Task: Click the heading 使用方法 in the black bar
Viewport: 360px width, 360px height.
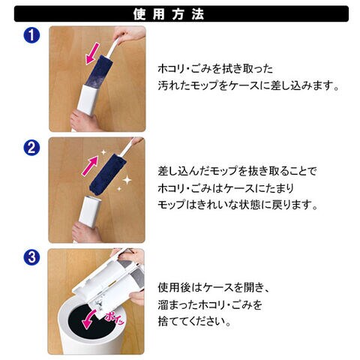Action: pyautogui.click(x=169, y=14)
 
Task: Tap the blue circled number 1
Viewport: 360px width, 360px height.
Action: pyautogui.click(x=31, y=35)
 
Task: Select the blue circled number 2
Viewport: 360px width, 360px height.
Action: pyautogui.click(x=31, y=148)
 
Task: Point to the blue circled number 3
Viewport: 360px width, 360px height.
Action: pyautogui.click(x=31, y=257)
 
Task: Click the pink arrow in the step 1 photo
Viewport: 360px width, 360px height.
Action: pyautogui.click(x=92, y=54)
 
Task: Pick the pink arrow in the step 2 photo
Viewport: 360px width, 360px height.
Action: pyautogui.click(x=90, y=165)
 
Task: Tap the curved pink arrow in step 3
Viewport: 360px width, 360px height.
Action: pyautogui.click(x=88, y=319)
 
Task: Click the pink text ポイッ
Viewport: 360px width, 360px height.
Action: pyautogui.click(x=115, y=318)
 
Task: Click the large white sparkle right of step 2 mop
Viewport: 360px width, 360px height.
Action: pyautogui.click(x=127, y=180)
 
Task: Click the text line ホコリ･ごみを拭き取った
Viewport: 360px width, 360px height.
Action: pyautogui.click(x=215, y=68)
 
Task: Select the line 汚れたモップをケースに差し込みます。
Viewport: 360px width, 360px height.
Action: pyautogui.click(x=249, y=85)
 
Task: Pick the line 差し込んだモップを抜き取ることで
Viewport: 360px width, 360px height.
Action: pyautogui.click(x=237, y=171)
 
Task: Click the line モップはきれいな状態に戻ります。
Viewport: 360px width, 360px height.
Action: pyautogui.click(x=238, y=205)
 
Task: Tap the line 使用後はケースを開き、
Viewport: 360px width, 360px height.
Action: pyautogui.click(x=214, y=287)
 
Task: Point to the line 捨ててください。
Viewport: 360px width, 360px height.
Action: pyautogui.click(x=194, y=322)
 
